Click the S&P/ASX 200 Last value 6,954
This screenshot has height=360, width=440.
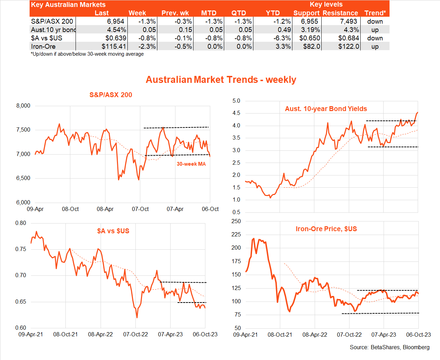(x=116, y=21)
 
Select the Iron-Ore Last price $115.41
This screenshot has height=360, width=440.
(x=113, y=46)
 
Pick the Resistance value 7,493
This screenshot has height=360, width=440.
(x=348, y=21)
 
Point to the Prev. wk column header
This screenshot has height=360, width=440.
(x=175, y=13)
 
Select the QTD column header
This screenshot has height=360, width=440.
(x=239, y=13)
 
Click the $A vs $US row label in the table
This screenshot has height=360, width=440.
(x=47, y=38)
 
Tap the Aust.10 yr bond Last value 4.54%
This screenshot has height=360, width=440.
(x=117, y=30)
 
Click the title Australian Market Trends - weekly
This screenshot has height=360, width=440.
(x=221, y=80)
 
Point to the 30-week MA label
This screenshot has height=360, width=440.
(x=191, y=164)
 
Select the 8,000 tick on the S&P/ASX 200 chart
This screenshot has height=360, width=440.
(x=23, y=106)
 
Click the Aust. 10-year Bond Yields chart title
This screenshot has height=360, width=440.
(x=326, y=109)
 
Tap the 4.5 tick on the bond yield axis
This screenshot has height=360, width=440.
(x=236, y=113)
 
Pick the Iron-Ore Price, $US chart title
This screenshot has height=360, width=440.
(x=326, y=229)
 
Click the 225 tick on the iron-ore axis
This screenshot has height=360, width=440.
(x=236, y=235)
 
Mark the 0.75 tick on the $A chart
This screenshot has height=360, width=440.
(x=21, y=249)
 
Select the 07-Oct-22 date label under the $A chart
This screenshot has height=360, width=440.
(x=135, y=334)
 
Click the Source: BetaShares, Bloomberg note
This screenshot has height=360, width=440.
(x=390, y=347)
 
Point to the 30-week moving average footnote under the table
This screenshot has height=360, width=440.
(x=87, y=54)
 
